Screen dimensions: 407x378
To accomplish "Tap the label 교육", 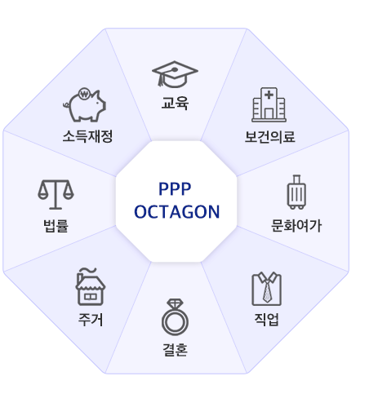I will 176,104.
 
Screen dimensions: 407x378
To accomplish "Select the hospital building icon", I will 269,104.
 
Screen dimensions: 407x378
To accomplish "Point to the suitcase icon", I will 296,192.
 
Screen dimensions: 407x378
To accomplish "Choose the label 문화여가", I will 296,225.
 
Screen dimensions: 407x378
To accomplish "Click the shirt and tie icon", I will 266,288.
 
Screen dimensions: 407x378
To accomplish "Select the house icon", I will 89,285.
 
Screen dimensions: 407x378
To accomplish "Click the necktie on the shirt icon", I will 266,290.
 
